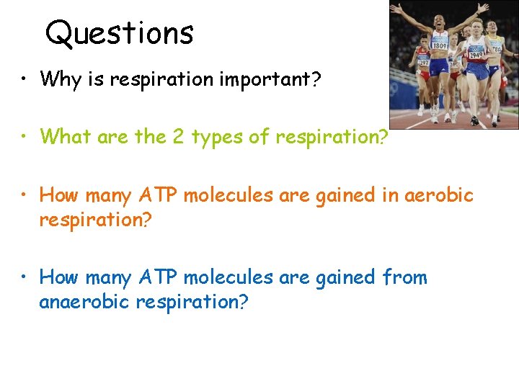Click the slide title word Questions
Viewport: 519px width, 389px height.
[x=119, y=32]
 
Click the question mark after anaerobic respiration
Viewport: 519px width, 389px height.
[x=244, y=301]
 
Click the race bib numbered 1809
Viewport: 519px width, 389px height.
[x=440, y=45]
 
